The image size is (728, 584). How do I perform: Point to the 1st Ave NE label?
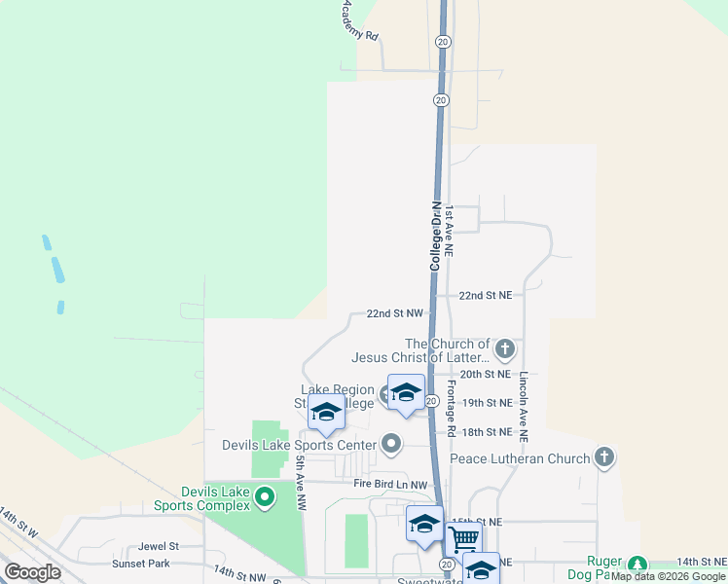click(450, 231)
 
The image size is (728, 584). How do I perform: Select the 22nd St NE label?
click(486, 295)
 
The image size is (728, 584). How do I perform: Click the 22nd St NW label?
click(395, 313)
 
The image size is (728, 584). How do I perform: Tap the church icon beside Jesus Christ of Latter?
click(504, 347)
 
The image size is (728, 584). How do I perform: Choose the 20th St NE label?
click(486, 374)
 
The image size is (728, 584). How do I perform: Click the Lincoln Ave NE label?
click(524, 401)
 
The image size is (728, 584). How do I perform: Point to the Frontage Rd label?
click(452, 407)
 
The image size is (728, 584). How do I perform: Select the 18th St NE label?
click(486, 431)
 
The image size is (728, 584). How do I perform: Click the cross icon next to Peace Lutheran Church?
click(604, 457)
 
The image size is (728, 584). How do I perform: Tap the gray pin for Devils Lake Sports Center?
click(391, 445)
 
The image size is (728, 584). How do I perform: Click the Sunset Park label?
click(141, 564)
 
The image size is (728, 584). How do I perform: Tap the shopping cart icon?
click(464, 536)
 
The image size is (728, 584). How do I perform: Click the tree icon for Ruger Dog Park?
click(637, 565)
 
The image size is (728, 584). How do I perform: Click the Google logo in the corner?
click(32, 572)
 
